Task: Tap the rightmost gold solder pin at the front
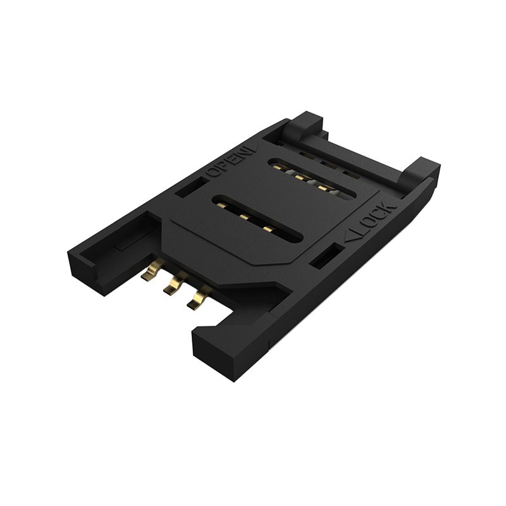[198, 297]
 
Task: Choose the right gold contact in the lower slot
[268, 227]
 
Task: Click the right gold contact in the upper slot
[324, 187]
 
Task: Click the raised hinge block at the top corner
[306, 123]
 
